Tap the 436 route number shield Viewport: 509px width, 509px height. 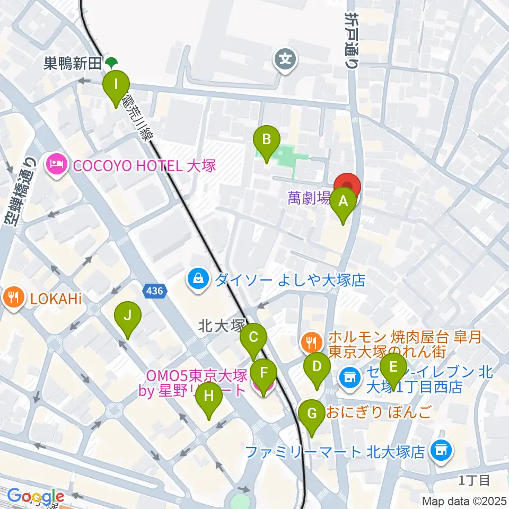[x=153, y=289]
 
